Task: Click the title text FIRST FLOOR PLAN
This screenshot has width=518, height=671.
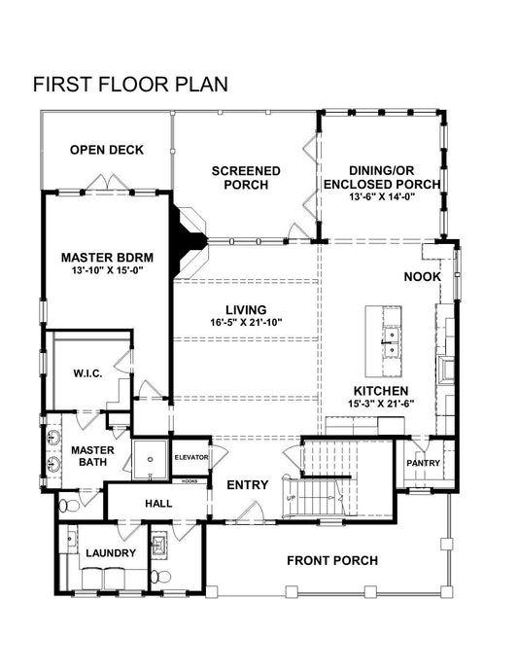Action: (130, 84)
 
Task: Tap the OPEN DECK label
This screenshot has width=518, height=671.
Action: (107, 150)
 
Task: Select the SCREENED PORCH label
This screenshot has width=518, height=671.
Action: (246, 177)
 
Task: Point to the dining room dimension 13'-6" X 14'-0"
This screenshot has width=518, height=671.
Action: (382, 195)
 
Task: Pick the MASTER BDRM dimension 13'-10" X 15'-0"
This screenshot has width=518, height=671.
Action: (108, 271)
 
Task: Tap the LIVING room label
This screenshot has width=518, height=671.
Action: (246, 310)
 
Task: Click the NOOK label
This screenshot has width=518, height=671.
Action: (423, 277)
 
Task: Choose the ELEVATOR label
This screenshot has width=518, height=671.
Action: (191, 457)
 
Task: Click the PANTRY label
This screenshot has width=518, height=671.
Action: (423, 463)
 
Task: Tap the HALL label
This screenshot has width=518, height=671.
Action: (157, 504)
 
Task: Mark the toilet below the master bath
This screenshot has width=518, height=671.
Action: (68, 505)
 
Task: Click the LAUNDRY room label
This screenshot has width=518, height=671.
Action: (110, 553)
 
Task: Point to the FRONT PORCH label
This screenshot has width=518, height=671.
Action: (332, 560)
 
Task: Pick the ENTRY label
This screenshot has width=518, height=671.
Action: (247, 484)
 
